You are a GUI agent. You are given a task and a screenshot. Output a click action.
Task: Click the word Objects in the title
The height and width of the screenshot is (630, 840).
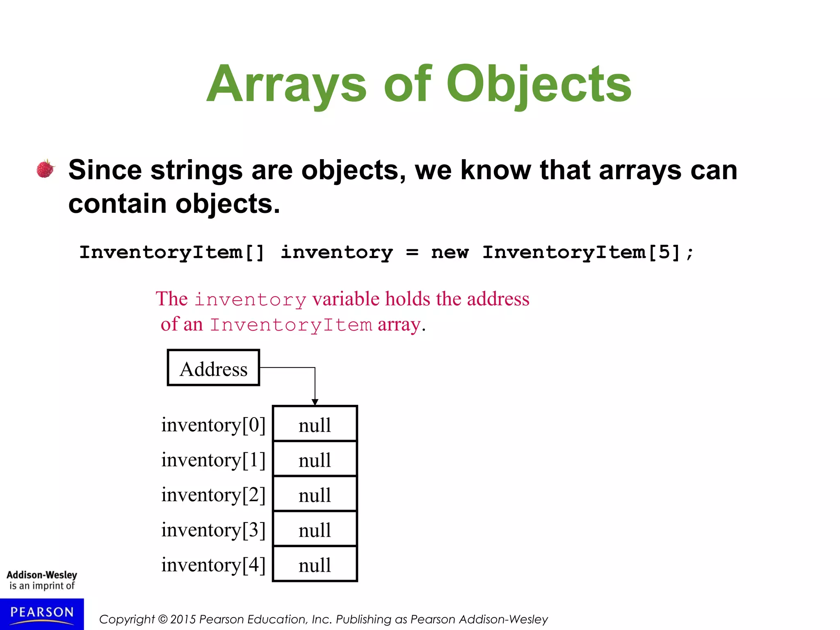[x=539, y=84]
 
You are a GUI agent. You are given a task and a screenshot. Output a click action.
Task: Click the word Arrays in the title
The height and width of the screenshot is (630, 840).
[x=286, y=84]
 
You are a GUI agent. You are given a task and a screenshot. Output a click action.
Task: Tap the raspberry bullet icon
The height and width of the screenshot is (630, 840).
[x=46, y=169]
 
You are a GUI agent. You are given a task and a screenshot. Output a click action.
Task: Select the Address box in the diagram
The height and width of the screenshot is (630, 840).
[x=213, y=368]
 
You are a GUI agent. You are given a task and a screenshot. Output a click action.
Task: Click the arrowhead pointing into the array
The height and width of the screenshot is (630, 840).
[x=315, y=402]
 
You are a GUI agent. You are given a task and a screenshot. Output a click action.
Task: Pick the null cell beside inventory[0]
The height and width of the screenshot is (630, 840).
[x=315, y=424]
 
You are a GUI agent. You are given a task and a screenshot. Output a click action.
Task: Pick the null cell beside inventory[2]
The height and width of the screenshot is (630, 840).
[x=315, y=494]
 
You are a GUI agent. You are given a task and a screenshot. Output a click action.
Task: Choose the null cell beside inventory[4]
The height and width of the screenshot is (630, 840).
[x=315, y=564]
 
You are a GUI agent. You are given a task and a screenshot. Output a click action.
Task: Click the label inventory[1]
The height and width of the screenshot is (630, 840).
[x=213, y=460]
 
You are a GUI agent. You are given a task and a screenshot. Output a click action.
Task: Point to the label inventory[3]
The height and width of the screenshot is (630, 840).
[x=213, y=530]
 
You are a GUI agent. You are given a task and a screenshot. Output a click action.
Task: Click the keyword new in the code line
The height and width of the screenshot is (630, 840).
[x=450, y=252]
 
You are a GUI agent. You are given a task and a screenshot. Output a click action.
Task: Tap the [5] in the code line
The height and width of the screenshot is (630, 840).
[x=664, y=252]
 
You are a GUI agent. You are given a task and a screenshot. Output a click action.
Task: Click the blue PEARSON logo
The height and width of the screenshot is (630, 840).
[x=42, y=613]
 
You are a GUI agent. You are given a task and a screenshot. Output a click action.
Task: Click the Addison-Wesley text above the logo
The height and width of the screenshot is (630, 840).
[x=42, y=575]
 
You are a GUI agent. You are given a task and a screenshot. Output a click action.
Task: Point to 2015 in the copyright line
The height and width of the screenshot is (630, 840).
[x=183, y=619]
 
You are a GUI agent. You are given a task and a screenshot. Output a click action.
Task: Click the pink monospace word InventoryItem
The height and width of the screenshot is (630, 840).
[x=291, y=325]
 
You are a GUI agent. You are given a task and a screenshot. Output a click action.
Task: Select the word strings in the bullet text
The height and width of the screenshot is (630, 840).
[x=196, y=170]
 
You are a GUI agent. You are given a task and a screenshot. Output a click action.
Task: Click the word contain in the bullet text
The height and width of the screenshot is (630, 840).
[x=117, y=203]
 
